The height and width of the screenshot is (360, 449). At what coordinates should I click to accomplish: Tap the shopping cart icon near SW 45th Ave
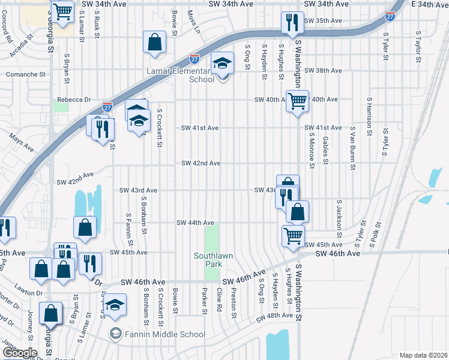(x=293, y=235)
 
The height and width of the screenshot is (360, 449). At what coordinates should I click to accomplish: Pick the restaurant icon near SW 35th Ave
(x=291, y=23)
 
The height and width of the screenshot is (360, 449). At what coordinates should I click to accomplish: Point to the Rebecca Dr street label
(x=74, y=100)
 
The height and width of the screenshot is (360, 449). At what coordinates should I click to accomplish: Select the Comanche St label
(x=26, y=74)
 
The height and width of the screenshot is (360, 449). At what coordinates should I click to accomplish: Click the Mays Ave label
(x=21, y=140)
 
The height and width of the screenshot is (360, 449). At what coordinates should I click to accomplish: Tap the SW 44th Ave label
(x=195, y=223)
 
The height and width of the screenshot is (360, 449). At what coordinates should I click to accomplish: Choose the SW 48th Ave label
(x=274, y=316)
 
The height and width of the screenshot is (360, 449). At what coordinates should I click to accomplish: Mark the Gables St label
(x=325, y=149)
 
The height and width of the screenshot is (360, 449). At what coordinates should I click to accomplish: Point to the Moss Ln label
(x=192, y=21)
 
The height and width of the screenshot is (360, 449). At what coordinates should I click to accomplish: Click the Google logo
(x=20, y=353)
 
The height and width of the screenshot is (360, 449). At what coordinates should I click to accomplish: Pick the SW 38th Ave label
(x=323, y=70)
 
